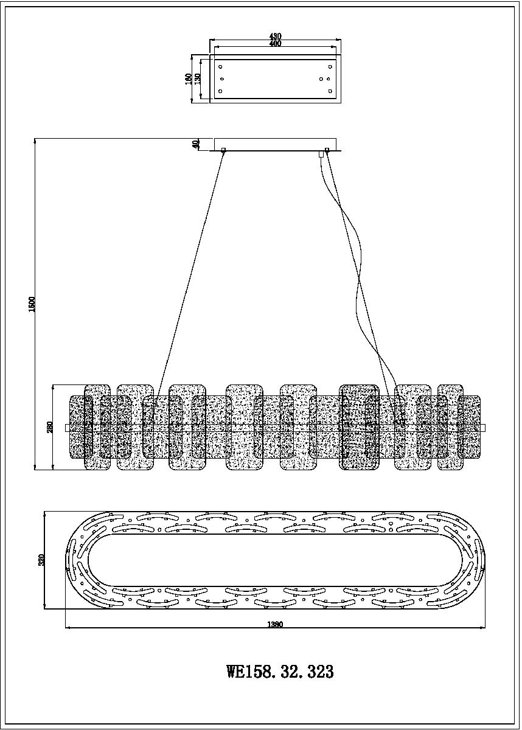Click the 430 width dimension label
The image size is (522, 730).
pos(274,36)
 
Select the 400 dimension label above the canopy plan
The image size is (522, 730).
pos(274,44)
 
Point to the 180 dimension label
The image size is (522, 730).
pos(189,78)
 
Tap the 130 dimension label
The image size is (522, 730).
pos(197,78)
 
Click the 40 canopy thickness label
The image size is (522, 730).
pos(196,144)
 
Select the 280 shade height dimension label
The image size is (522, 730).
pos(50,427)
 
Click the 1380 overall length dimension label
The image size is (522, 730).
pos(274,624)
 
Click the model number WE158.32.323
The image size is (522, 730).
pos(280,672)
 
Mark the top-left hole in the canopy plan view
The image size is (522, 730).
pos(221,66)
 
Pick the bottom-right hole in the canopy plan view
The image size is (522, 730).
pos(330,91)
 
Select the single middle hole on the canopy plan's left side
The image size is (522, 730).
pos(221,78)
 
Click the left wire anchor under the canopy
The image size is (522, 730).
pos(223,150)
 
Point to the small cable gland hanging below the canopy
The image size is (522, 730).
pos(321,155)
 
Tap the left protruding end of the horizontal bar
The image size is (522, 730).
pos(68,428)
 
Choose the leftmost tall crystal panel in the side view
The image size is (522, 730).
pos(97,427)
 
